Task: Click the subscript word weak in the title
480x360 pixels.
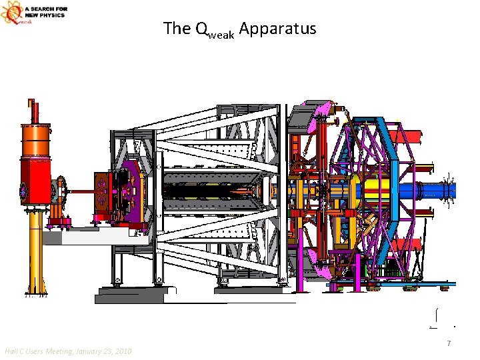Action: [220, 35]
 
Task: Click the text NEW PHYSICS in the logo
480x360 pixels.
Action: [45, 15]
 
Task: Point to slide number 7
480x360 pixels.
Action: [449, 343]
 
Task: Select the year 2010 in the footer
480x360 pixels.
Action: [123, 351]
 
